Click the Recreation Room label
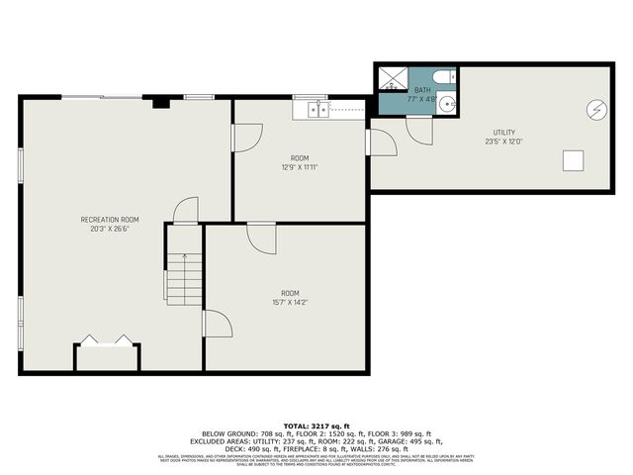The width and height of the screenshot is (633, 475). click(109, 219)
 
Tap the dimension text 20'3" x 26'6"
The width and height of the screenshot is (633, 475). click(109, 229)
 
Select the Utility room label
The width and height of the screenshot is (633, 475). click(504, 133)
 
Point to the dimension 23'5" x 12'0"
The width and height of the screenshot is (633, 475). click(504, 142)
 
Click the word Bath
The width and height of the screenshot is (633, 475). click(422, 90)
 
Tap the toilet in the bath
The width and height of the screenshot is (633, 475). click(444, 76)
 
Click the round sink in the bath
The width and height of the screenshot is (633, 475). click(447, 102)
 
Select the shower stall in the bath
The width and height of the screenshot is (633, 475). click(392, 78)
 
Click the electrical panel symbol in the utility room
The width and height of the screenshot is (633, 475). click(597, 110)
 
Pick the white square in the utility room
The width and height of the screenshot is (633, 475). click(574, 159)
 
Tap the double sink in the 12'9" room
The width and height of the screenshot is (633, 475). click(318, 109)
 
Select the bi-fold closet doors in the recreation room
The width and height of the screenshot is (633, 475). click(107, 340)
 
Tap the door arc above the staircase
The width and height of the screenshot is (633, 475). click(186, 211)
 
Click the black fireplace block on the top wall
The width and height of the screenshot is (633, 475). click(160, 101)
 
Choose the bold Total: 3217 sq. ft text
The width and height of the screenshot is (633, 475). click(316, 426)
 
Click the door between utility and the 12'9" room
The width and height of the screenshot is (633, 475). click(381, 142)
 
